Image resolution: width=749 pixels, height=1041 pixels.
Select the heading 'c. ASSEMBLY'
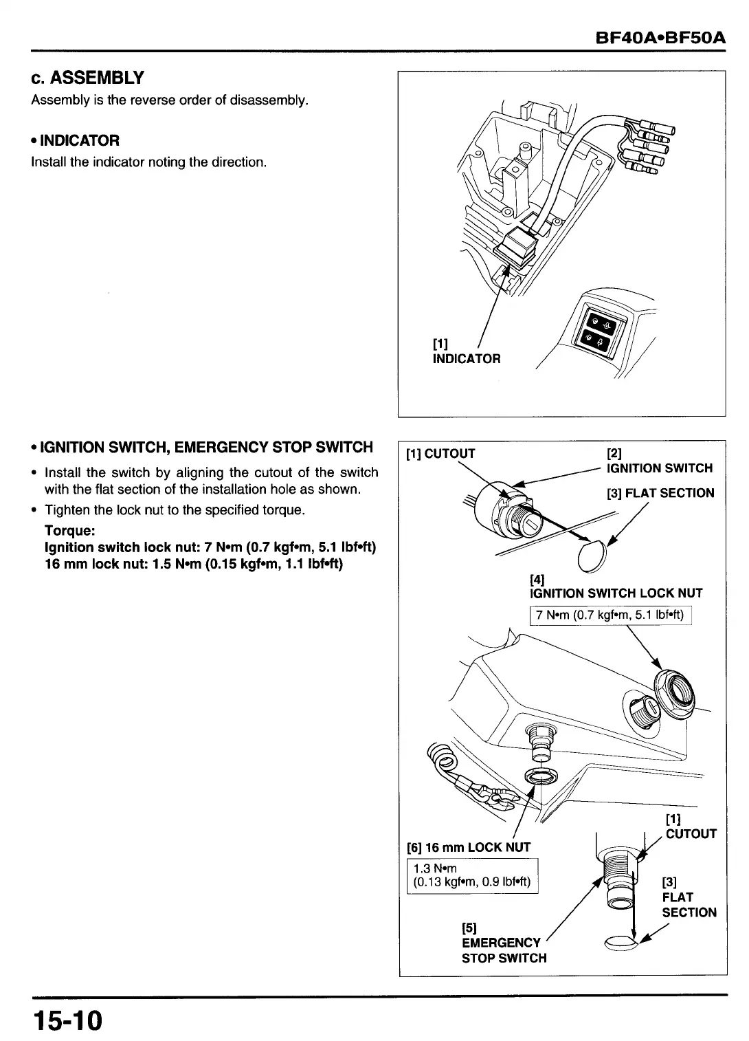point(87,77)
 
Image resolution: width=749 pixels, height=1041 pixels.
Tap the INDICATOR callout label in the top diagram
point(467,358)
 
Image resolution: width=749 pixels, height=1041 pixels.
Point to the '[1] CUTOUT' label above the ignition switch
point(440,453)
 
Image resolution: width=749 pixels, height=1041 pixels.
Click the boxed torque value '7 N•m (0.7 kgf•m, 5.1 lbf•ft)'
point(610,615)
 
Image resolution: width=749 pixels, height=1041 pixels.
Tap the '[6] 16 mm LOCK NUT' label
point(469,847)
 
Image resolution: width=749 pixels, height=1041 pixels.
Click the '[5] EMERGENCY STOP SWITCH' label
point(504,950)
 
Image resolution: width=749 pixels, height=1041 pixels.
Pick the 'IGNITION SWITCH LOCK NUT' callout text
point(616,593)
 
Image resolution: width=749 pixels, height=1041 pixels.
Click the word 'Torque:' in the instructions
point(69,531)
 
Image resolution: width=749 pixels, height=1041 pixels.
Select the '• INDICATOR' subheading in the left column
point(76,140)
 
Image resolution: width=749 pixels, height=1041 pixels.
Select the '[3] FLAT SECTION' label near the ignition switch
point(660,493)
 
